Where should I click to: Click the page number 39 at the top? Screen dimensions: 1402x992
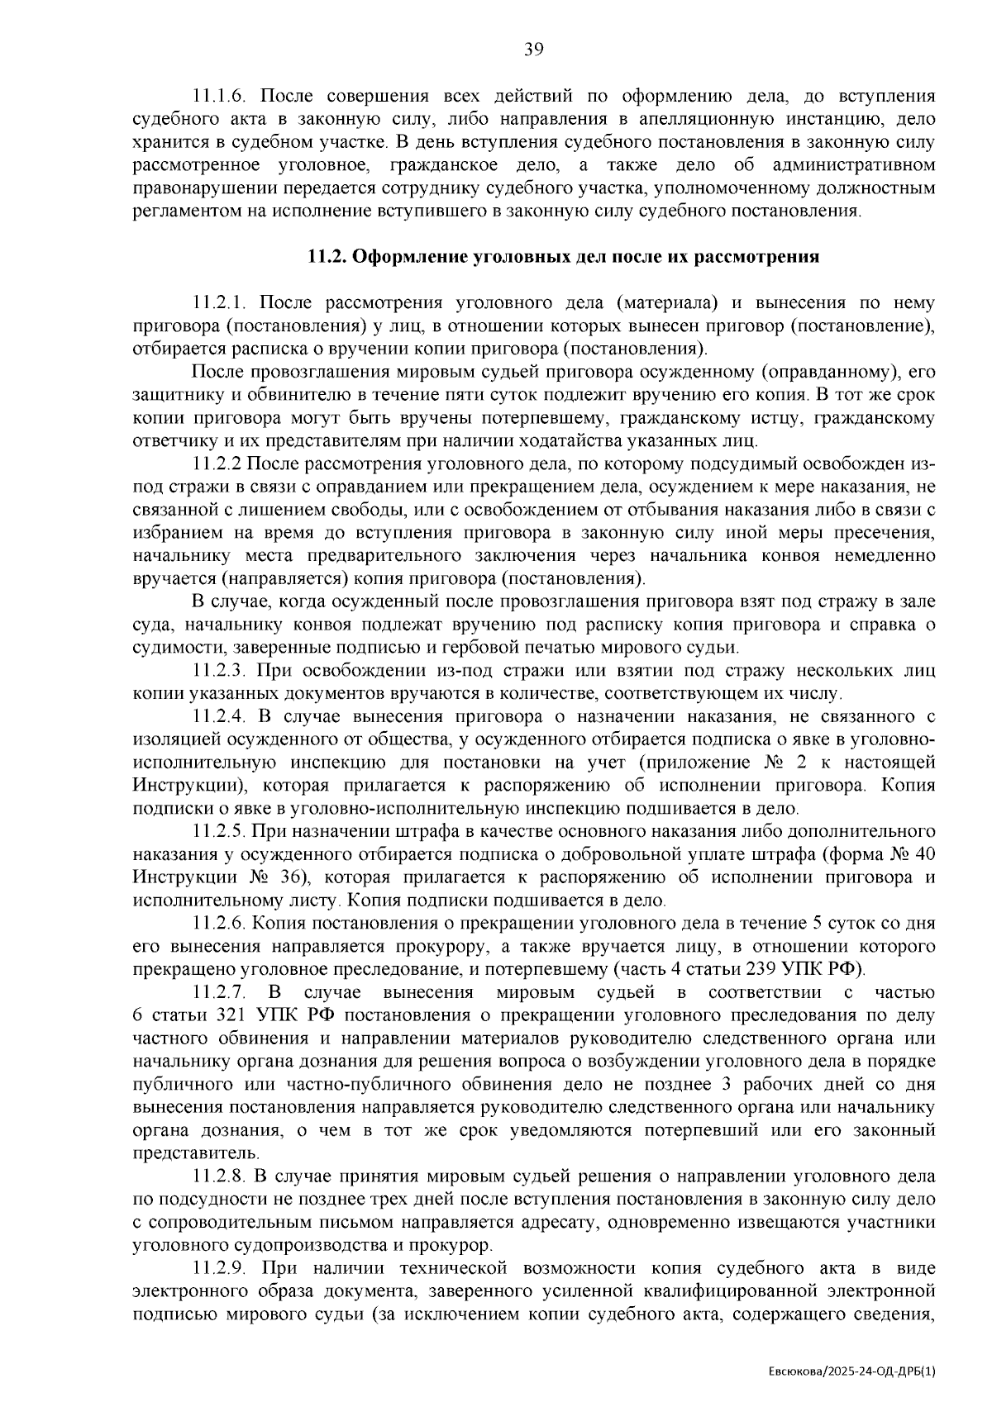[x=533, y=50]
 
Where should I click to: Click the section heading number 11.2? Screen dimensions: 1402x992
[x=324, y=257]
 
